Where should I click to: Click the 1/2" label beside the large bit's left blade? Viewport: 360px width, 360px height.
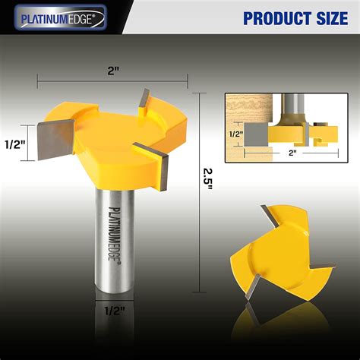(11, 144)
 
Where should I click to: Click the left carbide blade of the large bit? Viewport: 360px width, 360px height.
(51, 141)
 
